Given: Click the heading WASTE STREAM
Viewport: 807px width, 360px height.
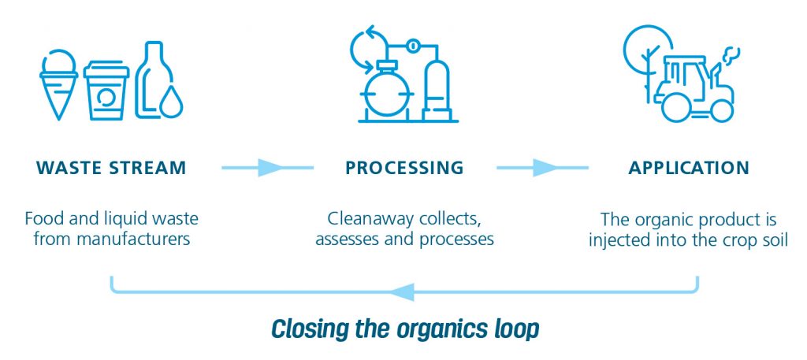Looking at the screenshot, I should tap(110, 168).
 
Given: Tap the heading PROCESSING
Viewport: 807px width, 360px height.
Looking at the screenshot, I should tap(403, 168).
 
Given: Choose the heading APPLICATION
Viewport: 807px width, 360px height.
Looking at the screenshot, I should tap(688, 168).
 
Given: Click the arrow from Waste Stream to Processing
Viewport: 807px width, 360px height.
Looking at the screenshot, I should tap(267, 168).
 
